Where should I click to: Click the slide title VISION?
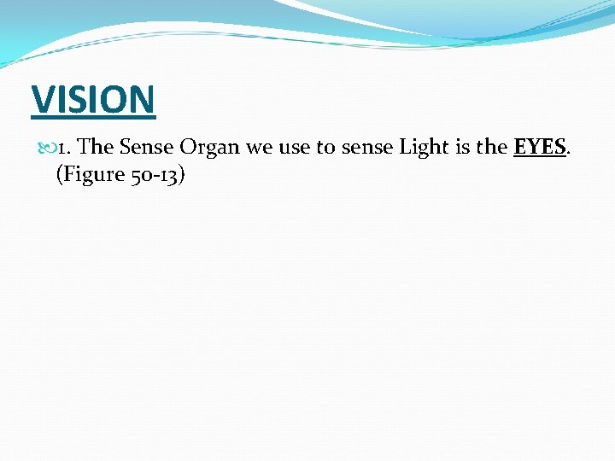(93, 99)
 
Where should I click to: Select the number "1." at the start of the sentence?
(67, 147)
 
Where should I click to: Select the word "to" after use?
(325, 148)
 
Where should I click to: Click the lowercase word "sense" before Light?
(366, 148)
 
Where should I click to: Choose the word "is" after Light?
(463, 147)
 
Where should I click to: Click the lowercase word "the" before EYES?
(492, 147)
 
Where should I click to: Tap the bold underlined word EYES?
(540, 147)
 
